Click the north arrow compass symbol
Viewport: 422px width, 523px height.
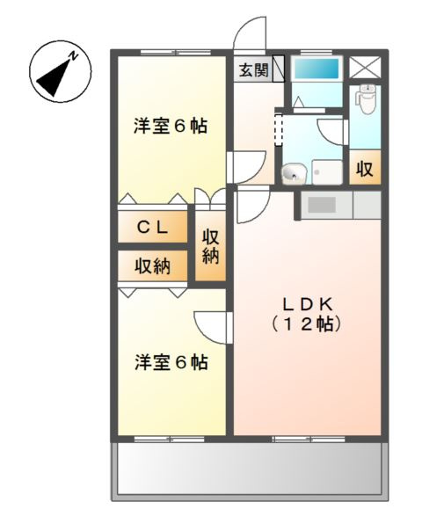pyautogui.click(x=58, y=69)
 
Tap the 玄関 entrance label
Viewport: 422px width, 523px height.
pyautogui.click(x=252, y=70)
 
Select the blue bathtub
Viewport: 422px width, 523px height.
pyautogui.click(x=316, y=69)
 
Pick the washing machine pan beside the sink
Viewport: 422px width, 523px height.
pyautogui.click(x=327, y=171)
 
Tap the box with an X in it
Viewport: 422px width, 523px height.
pyautogui.click(x=363, y=68)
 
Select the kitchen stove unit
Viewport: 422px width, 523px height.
pyautogui.click(x=323, y=205)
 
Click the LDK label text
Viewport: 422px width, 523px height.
pyautogui.click(x=307, y=303)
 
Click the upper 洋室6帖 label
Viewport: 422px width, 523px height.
pyautogui.click(x=171, y=126)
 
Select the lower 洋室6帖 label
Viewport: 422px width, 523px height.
pyautogui.click(x=171, y=360)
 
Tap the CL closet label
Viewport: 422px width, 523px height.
pyautogui.click(x=153, y=226)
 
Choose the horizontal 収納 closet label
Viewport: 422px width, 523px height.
pyautogui.click(x=153, y=265)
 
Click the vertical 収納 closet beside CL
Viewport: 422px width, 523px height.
pyautogui.click(x=211, y=247)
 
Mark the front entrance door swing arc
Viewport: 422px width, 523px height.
pyautogui.click(x=248, y=33)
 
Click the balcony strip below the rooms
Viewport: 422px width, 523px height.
pyautogui.click(x=250, y=469)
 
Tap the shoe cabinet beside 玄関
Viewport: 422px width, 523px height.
pyautogui.click(x=279, y=69)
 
